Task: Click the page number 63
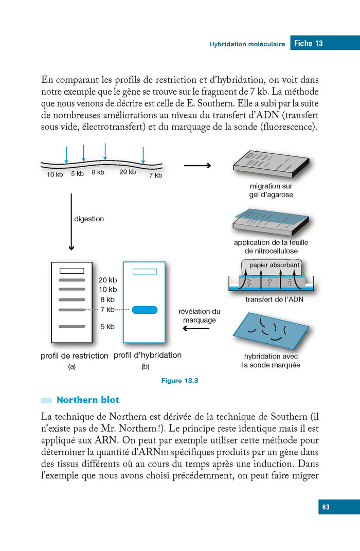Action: [x=326, y=507]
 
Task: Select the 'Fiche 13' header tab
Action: [x=308, y=43]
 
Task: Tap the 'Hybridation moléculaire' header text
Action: [x=247, y=44]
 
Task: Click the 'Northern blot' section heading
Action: [x=87, y=400]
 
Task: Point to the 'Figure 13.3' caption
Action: [x=180, y=381]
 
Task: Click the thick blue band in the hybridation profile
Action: [x=145, y=310]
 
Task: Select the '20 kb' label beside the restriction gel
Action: [x=107, y=280]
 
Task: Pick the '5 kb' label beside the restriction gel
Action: [x=107, y=326]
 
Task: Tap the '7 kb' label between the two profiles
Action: [x=107, y=310]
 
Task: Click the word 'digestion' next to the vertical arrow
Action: [x=89, y=219]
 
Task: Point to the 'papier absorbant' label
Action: [x=274, y=265]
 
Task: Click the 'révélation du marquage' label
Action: [x=200, y=315]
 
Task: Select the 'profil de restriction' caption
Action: [x=74, y=356]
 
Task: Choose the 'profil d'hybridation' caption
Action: [x=148, y=355]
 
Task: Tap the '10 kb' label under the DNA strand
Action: [x=55, y=175]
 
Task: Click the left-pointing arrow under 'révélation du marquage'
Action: [x=196, y=328]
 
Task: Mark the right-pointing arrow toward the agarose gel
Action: [x=197, y=166]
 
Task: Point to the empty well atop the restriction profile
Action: [x=72, y=271]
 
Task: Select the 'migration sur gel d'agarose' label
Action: [x=271, y=190]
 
